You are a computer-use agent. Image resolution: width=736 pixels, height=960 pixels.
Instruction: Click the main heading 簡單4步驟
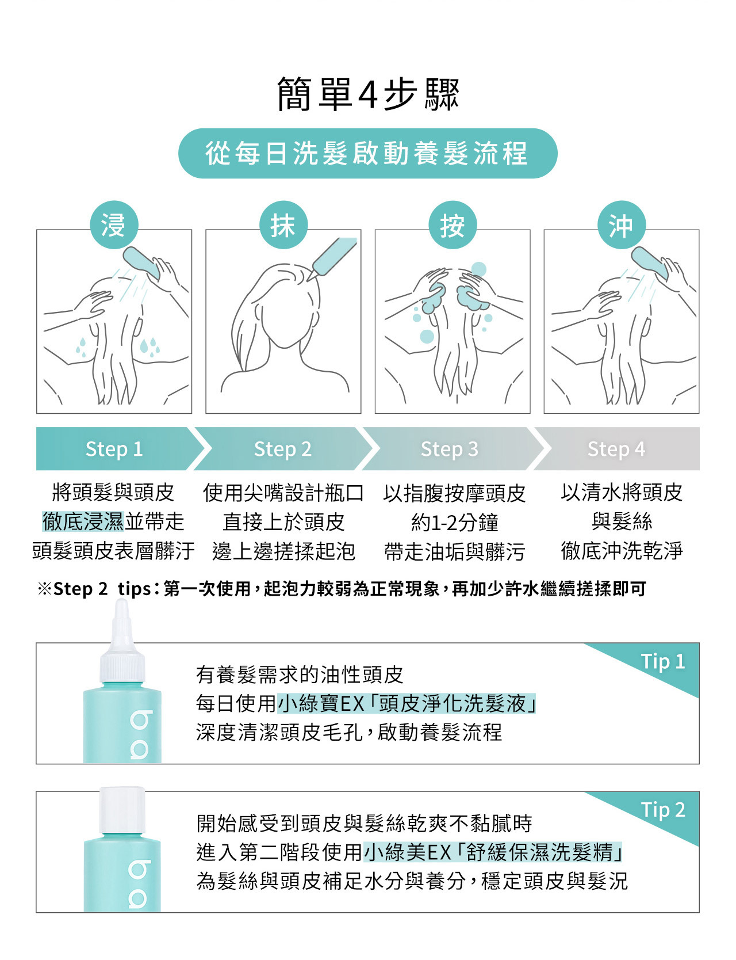point(368,94)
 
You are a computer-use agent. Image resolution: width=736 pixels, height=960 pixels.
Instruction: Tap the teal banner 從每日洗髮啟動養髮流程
point(368,153)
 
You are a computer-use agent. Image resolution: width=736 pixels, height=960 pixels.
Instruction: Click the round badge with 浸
point(114,224)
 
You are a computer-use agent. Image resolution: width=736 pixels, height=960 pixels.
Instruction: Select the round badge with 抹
point(283,224)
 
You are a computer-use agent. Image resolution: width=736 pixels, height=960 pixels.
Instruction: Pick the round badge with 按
point(453,224)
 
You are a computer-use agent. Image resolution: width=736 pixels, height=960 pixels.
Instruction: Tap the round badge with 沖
point(622,224)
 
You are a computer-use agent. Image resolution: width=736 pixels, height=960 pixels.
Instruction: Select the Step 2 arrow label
point(283,449)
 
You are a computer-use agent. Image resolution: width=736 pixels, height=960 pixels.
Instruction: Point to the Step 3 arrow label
point(450,449)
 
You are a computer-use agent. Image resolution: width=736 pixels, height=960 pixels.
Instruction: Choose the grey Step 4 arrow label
point(616,449)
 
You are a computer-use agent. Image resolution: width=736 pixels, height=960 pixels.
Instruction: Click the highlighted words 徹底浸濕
point(83,521)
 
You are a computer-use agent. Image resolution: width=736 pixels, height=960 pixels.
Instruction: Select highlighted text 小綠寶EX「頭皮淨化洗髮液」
point(407,703)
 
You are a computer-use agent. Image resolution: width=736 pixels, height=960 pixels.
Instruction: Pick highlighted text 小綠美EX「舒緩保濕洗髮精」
point(493,852)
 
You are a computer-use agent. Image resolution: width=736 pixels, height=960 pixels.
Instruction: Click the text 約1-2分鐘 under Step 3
point(454,523)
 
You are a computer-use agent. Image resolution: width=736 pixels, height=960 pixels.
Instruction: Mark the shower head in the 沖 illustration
point(650,264)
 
